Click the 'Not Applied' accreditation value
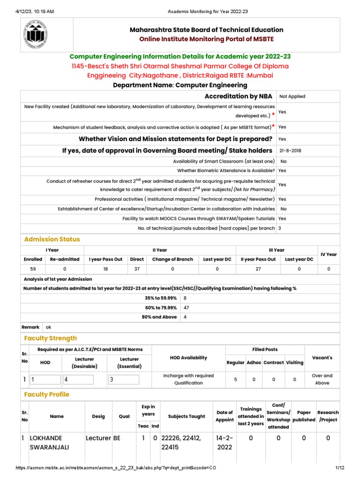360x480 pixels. (x=292, y=96)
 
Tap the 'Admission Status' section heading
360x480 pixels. (x=52, y=239)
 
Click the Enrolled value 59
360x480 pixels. (x=33, y=269)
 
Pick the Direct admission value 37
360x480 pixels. (x=136, y=269)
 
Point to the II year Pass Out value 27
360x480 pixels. (x=258, y=269)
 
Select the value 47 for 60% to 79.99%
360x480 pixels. (x=187, y=307)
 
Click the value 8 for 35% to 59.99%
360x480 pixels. (x=185, y=298)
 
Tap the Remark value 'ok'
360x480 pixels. (x=48, y=327)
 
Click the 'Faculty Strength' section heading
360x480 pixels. (x=50, y=338)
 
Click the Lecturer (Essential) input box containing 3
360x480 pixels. (x=123, y=380)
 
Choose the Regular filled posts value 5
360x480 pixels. (x=235, y=379)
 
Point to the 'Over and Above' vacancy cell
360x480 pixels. (x=322, y=379)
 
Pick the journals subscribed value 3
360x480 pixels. (x=279, y=228)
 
